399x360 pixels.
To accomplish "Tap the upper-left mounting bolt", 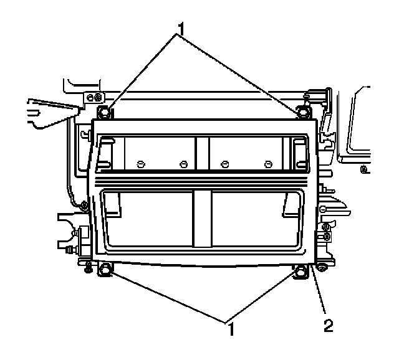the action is (105, 112).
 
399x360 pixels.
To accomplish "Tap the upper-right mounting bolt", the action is (304, 111).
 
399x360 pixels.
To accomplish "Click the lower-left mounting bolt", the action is (105, 269).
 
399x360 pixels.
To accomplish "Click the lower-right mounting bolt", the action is (302, 270).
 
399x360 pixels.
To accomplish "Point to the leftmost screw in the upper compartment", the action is (140, 164).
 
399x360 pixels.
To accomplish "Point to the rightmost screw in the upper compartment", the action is (268, 164).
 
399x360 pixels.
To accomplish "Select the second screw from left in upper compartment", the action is (183, 164).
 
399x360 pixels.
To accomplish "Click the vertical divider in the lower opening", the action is (202, 218).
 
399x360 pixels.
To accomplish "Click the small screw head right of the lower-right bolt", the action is (322, 268).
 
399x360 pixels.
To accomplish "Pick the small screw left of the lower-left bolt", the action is (88, 268).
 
